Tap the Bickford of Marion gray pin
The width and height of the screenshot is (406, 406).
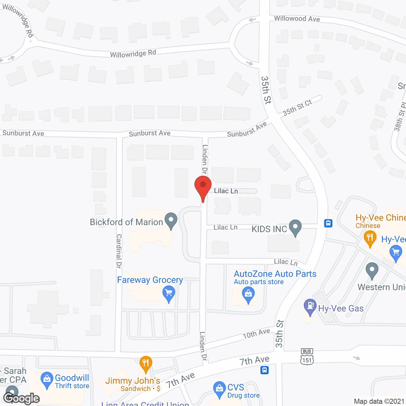171,220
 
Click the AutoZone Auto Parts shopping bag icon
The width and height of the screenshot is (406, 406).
248,294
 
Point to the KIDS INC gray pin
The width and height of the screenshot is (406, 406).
295,227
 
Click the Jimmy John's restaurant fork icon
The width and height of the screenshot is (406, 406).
146,363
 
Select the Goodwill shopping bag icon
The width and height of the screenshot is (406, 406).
47,379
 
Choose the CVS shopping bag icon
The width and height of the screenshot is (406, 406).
219,389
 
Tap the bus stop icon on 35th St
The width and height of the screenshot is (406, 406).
328,223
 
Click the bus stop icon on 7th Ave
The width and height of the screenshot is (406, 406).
265,370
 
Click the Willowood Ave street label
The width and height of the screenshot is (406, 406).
297,19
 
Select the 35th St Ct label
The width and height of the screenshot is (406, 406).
297,108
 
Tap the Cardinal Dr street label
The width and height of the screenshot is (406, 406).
119,251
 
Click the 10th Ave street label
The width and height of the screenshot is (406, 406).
256,334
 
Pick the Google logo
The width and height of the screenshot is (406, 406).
21,398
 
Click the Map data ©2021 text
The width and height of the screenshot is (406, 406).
379,401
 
